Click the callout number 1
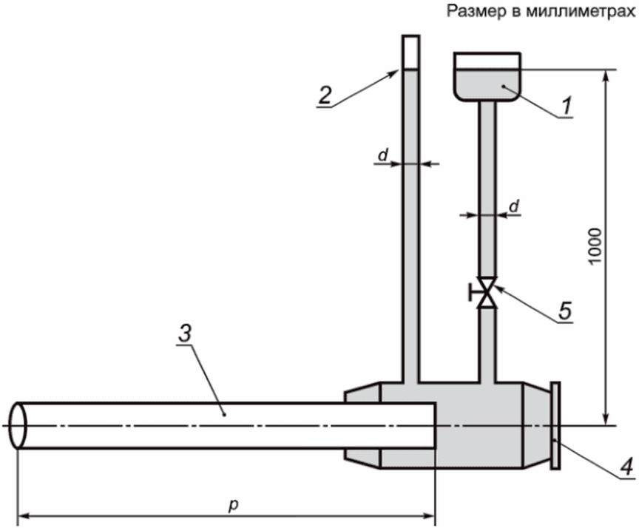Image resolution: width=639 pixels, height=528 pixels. [567, 106]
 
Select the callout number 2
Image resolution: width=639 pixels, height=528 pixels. [325, 95]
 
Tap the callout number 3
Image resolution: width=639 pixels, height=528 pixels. [185, 334]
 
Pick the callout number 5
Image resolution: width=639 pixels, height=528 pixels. [565, 311]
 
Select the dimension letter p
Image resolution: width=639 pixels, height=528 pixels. [233, 505]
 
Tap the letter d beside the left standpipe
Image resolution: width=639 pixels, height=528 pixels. [383, 155]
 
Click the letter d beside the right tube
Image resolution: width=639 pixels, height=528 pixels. [515, 206]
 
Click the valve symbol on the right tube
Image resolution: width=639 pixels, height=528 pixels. [487, 293]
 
